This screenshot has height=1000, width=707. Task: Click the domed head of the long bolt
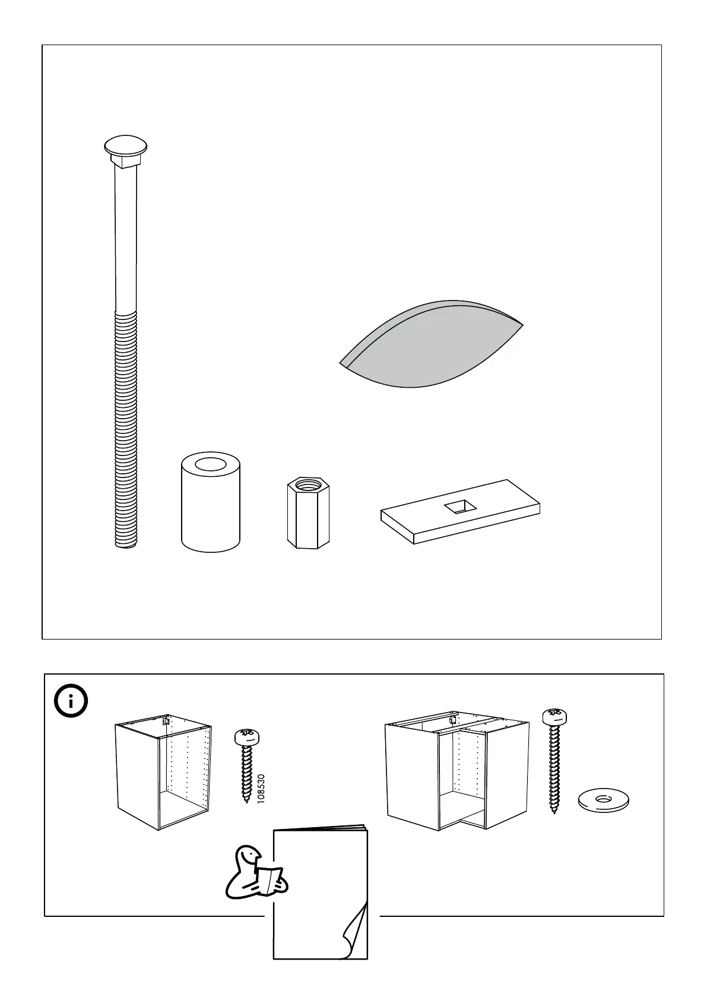pyautogui.click(x=125, y=146)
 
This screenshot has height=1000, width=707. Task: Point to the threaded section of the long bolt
pyautogui.click(x=126, y=428)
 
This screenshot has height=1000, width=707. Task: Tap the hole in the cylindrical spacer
pyautogui.click(x=210, y=465)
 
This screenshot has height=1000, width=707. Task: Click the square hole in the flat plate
pyautogui.click(x=460, y=506)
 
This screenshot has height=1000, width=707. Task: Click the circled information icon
pyautogui.click(x=71, y=702)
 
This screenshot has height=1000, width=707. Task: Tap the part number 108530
pyautogui.click(x=261, y=789)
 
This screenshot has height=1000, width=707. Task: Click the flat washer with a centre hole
pyautogui.click(x=603, y=799)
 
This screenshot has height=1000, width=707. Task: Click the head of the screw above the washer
pyautogui.click(x=554, y=717)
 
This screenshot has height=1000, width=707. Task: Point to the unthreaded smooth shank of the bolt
pyautogui.click(x=126, y=238)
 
